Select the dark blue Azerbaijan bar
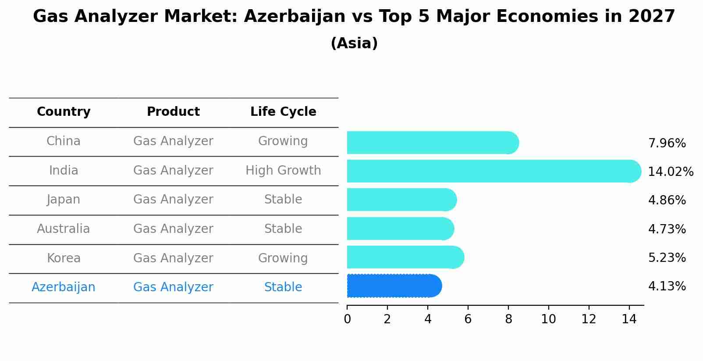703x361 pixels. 394,286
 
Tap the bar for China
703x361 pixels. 432,143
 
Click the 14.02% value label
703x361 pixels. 670,172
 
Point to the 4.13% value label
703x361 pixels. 667,286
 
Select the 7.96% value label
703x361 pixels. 667,143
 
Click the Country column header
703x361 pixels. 64,112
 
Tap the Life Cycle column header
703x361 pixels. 283,112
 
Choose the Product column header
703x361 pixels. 173,112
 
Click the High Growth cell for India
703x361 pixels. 283,171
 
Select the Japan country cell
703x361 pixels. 64,200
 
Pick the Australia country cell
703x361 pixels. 64,229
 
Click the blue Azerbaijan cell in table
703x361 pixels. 64,287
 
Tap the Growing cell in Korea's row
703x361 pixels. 283,258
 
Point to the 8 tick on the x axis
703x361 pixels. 508,319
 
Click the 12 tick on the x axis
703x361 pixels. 589,319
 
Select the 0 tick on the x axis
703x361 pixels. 347,319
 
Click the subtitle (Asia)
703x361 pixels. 354,43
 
